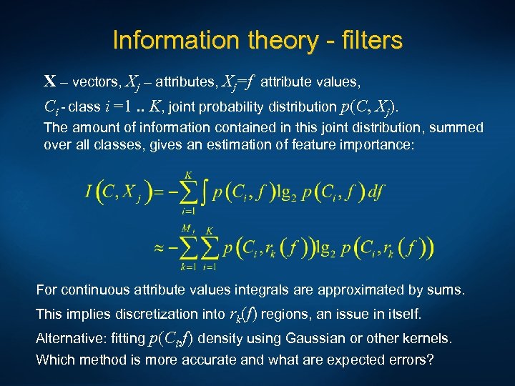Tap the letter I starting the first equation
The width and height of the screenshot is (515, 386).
[x=89, y=192]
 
